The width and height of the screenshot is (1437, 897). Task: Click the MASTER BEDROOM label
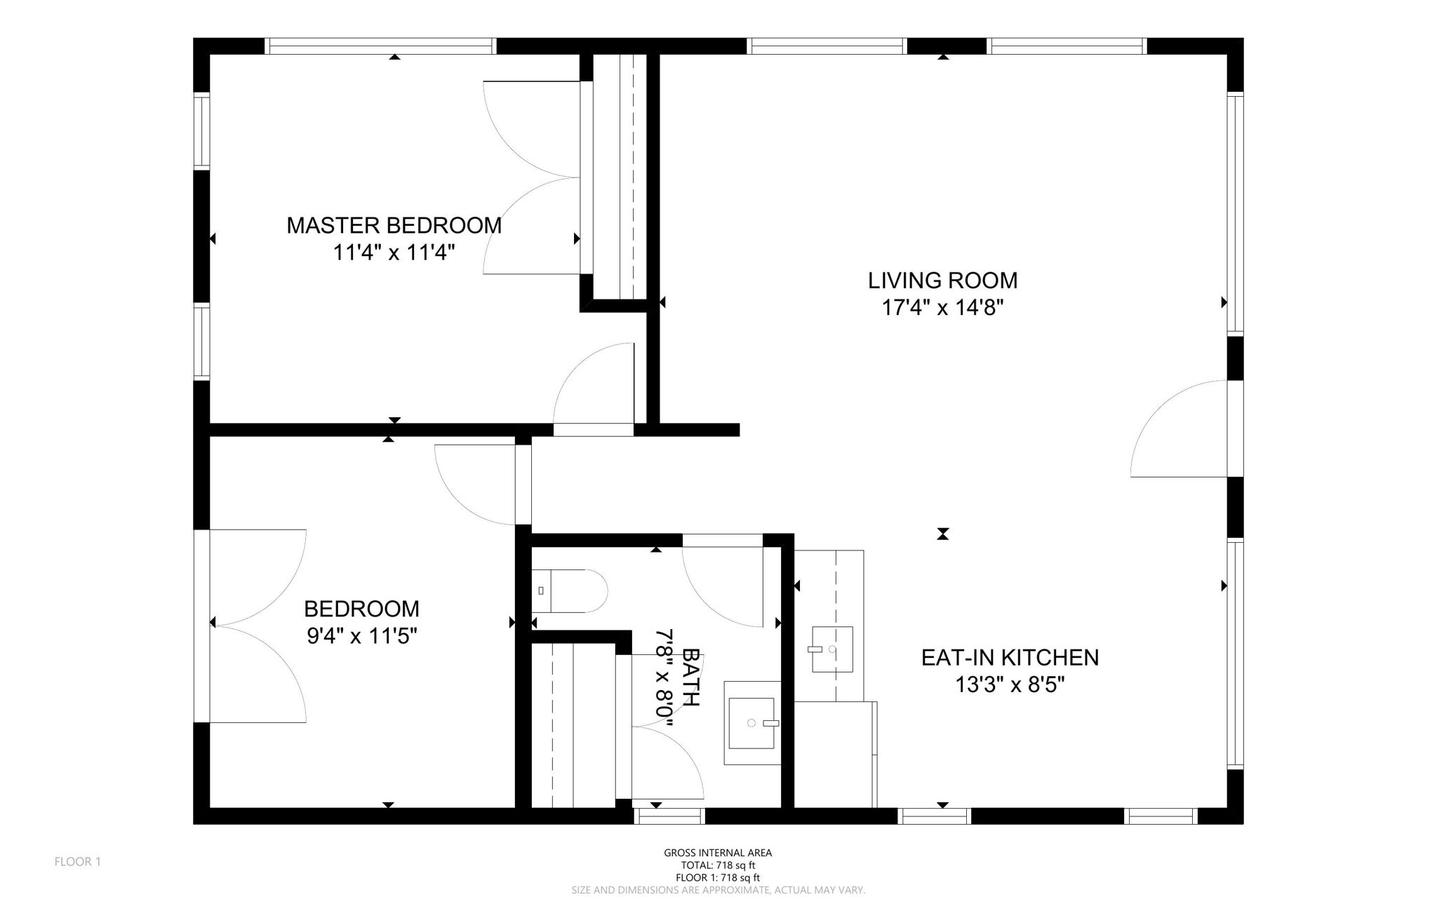(x=394, y=225)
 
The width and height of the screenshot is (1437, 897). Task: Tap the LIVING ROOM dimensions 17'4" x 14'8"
(x=942, y=307)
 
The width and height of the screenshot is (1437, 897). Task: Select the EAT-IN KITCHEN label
(x=1010, y=657)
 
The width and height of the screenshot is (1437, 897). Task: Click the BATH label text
(x=690, y=677)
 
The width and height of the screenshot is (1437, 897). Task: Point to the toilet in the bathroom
(x=570, y=591)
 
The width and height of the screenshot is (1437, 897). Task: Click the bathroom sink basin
(x=752, y=722)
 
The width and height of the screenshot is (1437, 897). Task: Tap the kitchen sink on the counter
(x=832, y=649)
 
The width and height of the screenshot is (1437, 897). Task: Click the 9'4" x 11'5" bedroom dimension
(x=362, y=636)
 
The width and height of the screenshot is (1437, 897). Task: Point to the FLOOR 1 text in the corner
(x=78, y=861)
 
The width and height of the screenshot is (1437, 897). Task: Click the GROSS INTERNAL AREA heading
(x=718, y=853)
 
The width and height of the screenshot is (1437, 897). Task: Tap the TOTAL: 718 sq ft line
(x=718, y=865)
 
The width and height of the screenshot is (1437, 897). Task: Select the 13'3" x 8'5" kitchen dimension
(x=1010, y=684)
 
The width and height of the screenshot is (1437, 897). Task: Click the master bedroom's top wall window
(x=382, y=46)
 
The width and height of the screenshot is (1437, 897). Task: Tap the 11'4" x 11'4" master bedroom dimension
(x=394, y=252)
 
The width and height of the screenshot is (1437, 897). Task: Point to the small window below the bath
(x=669, y=816)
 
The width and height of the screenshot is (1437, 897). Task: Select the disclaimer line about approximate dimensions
(x=718, y=890)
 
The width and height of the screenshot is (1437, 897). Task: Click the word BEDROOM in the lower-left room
(x=361, y=608)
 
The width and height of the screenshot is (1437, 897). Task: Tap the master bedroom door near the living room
(x=594, y=386)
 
